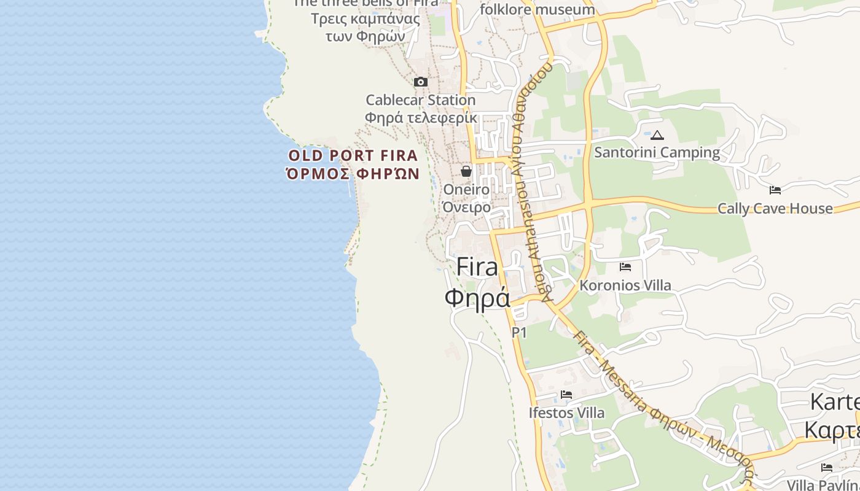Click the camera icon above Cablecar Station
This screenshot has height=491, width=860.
click(x=421, y=82)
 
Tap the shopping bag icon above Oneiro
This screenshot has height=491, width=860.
click(x=466, y=171)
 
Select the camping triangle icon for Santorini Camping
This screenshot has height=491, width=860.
click(x=657, y=135)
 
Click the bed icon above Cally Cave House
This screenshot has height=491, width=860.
click(x=775, y=190)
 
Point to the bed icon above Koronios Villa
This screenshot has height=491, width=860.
click(x=625, y=267)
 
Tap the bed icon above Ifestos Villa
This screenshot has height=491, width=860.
click(x=566, y=395)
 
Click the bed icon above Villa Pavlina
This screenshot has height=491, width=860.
click(x=827, y=468)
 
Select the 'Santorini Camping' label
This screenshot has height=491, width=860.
click(x=657, y=152)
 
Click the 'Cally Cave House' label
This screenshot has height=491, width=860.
click(x=775, y=209)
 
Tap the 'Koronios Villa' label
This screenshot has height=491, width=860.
click(x=625, y=285)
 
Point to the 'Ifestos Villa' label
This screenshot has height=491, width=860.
click(x=566, y=413)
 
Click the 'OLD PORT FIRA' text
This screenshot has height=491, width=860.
click(x=353, y=155)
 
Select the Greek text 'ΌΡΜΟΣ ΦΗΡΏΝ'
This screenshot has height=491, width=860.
click(x=353, y=174)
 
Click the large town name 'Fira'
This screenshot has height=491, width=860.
click(x=477, y=267)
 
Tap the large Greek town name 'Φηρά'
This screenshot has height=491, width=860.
click(x=477, y=298)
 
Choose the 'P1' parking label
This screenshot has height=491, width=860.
click(x=520, y=333)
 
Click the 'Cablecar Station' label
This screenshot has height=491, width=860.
click(x=421, y=99)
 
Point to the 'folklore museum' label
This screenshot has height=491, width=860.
click(x=537, y=9)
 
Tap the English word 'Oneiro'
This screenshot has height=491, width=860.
click(x=467, y=189)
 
